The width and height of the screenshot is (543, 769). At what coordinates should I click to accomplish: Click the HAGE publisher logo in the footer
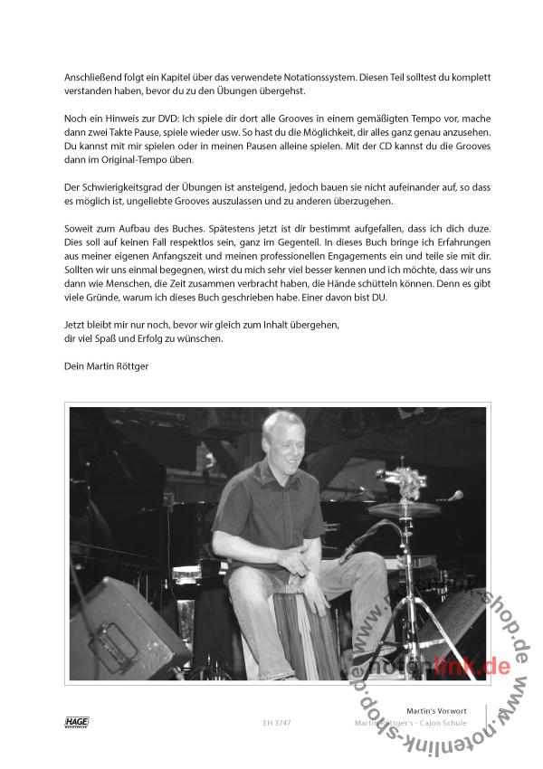tap(78, 721)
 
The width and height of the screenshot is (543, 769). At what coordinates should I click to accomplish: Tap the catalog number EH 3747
tap(274, 723)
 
